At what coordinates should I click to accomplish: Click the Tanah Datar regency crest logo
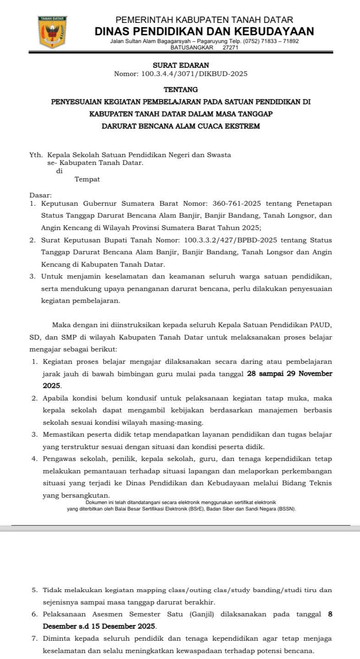pos(53,32)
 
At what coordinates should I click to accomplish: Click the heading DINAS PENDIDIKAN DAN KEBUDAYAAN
pos(204,31)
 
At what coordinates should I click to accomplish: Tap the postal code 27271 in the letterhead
pos(230,47)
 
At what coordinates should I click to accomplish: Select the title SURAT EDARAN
pos(180,66)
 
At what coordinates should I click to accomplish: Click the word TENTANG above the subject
pos(180,89)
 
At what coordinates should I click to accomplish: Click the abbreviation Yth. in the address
pos(36,155)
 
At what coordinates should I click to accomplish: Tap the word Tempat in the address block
pos(87,179)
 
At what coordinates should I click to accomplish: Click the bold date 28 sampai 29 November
pos(289,374)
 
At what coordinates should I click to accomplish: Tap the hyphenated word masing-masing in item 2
pos(182,422)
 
